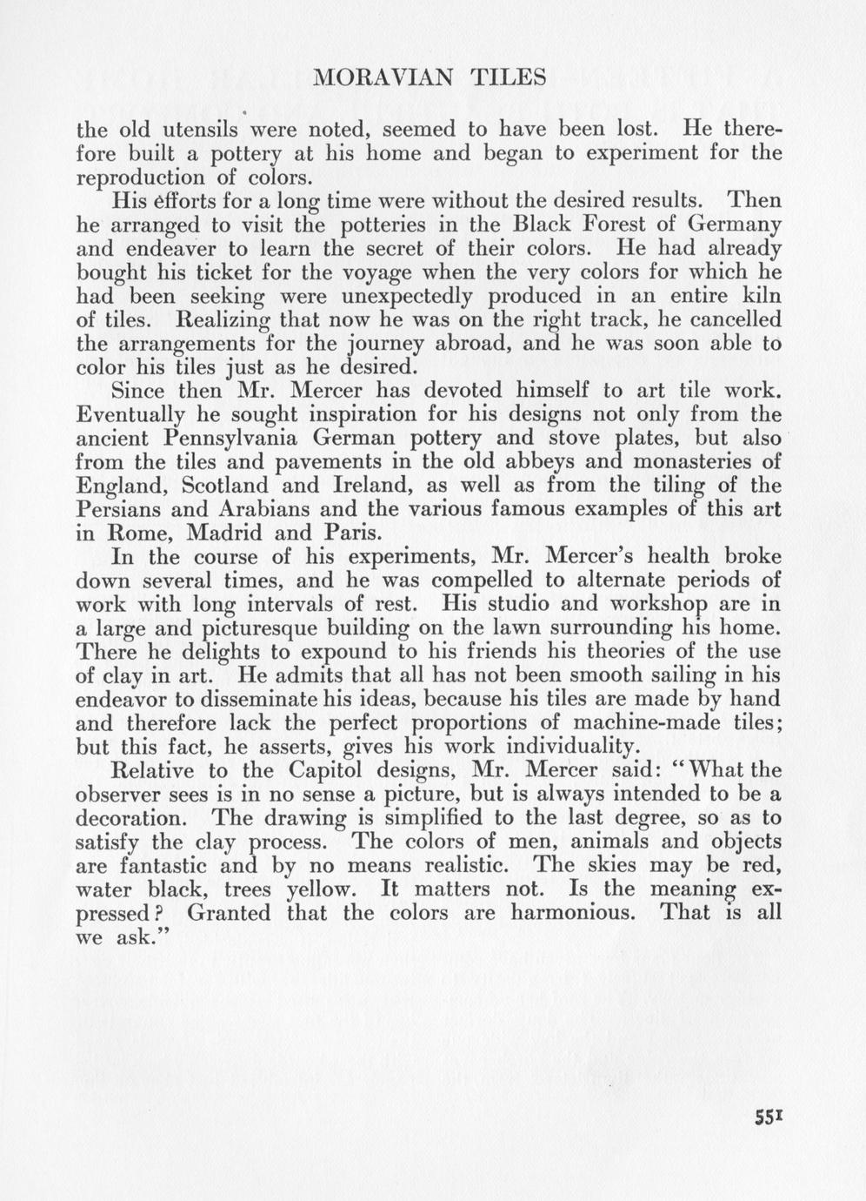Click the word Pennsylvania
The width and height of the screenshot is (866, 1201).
coord(250,438)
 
